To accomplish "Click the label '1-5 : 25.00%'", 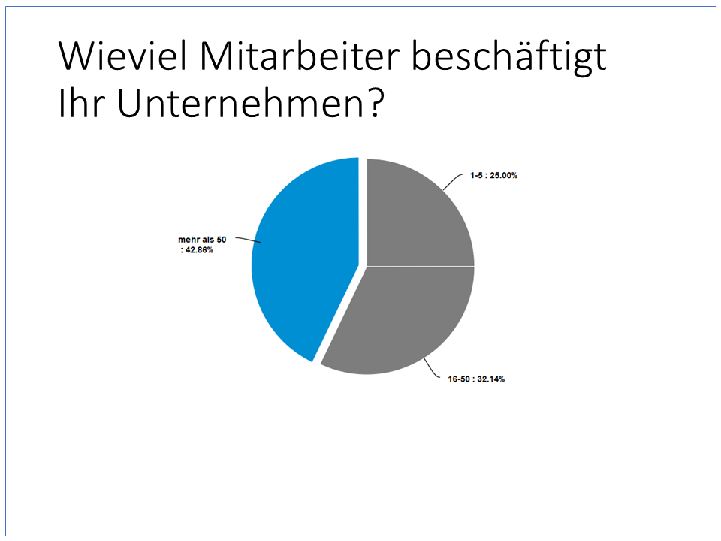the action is point(493,175).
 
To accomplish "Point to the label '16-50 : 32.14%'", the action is point(476,379).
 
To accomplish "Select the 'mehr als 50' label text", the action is point(202,240).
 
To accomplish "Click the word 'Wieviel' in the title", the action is point(122,56).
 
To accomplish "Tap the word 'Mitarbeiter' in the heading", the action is point(300,56).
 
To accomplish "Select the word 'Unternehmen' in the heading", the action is point(238,103).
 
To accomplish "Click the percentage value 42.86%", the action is point(199,250).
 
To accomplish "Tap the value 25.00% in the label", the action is point(503,175).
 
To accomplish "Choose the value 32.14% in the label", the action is point(490,379).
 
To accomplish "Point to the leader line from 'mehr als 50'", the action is point(249,240).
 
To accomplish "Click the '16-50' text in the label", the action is point(459,379).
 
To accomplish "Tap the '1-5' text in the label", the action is point(476,175).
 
